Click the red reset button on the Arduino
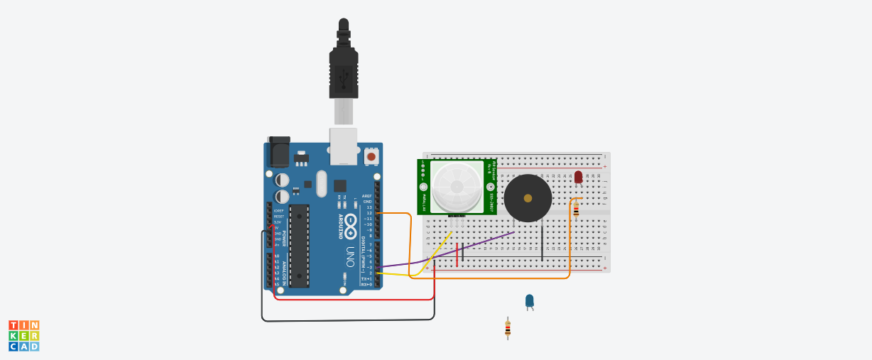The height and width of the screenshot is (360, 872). pos(371,156)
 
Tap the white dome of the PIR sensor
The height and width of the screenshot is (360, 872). pos(456,187)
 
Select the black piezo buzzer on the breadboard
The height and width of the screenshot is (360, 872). pos(528,198)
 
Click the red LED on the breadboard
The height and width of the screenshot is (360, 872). pos(578,176)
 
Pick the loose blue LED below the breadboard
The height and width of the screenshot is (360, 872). pos(529,300)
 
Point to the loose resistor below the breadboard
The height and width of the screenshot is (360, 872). pos(507,328)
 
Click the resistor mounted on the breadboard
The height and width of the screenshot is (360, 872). pos(576,209)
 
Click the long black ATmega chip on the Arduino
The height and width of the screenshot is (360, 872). pos(299,246)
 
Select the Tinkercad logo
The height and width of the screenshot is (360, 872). pos(24,336)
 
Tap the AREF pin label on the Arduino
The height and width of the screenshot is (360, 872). pos(366,196)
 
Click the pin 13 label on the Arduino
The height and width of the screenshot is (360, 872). pos(369,207)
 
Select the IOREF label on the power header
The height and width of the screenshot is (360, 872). pos(278,211)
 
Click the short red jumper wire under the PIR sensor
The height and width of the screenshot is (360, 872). pos(457,253)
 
